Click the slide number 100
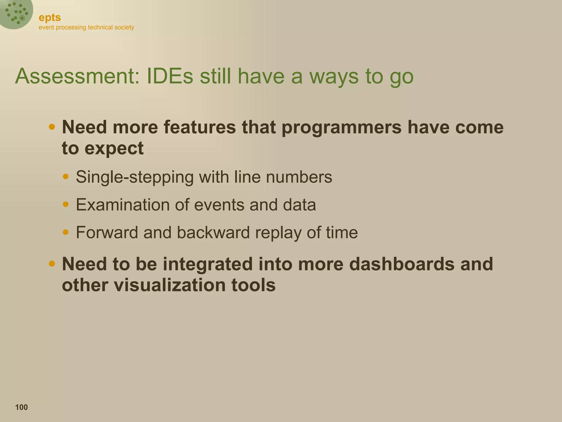click(21, 407)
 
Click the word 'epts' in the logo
click(50, 18)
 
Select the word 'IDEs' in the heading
click(170, 76)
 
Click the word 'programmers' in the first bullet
click(341, 127)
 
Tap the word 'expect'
click(114, 149)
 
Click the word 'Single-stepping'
click(135, 177)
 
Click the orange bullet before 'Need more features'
click(52, 127)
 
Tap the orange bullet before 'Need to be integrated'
click(52, 264)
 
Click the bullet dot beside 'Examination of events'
click(66, 204)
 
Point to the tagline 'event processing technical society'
click(86, 27)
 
